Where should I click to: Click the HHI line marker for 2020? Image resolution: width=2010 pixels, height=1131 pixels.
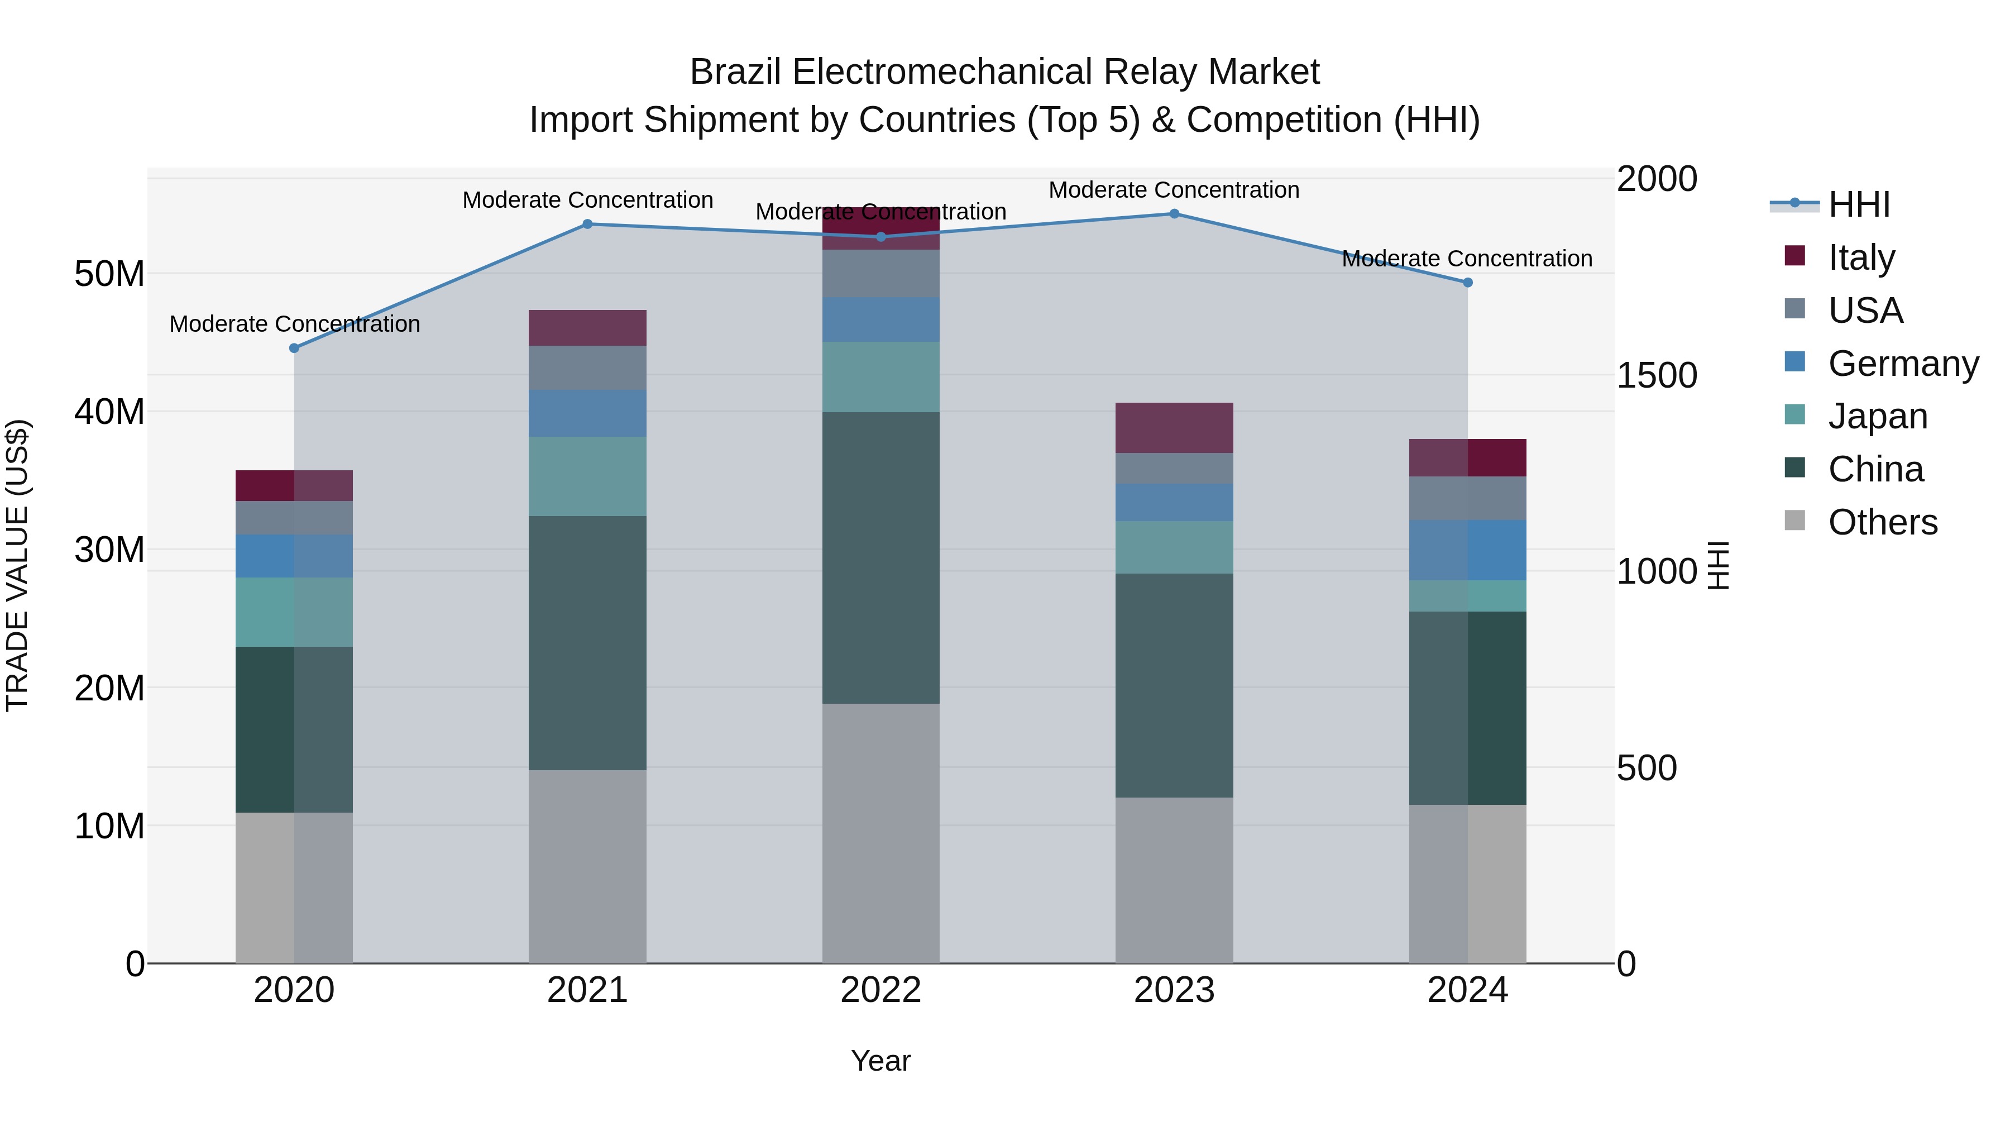pos(294,348)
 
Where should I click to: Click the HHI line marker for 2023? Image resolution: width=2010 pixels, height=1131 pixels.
pos(1174,214)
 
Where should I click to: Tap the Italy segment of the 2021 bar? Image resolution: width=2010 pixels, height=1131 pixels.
pos(587,328)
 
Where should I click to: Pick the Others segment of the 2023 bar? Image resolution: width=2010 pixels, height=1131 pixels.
pos(1174,880)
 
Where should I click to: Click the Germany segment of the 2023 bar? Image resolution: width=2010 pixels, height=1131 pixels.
pos(1174,502)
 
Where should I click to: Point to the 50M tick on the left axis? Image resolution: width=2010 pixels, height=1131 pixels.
pos(109,274)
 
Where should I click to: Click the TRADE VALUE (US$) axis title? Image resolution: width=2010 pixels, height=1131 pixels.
pos(17,565)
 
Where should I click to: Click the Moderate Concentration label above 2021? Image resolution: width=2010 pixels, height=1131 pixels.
pos(587,200)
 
